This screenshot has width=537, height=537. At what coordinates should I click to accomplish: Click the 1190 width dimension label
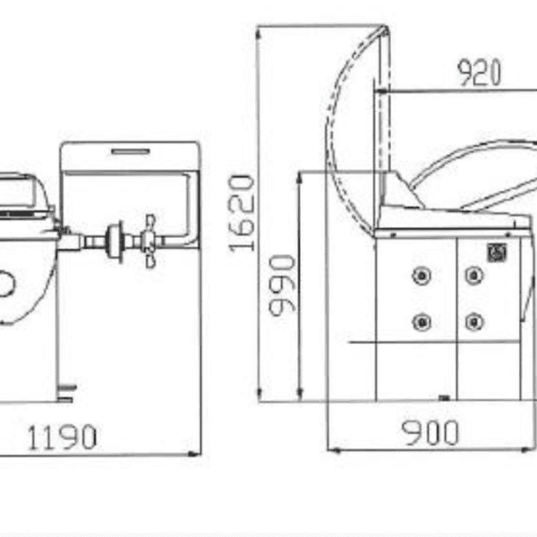(x=62, y=437)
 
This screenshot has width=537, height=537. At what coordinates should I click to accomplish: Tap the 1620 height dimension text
(x=242, y=213)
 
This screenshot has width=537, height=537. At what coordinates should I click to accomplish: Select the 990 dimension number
(x=282, y=286)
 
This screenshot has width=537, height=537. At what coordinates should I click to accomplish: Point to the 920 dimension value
(x=480, y=72)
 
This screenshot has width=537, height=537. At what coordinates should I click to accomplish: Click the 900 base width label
(x=430, y=433)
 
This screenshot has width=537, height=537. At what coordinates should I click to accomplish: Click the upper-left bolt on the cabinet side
(x=422, y=276)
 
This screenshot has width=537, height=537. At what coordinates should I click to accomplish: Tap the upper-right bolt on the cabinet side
(x=474, y=275)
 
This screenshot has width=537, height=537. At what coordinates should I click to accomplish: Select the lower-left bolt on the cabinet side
(x=422, y=322)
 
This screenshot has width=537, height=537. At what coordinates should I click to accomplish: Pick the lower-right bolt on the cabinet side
(x=474, y=322)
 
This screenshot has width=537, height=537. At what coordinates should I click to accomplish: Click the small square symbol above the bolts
(x=497, y=252)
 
